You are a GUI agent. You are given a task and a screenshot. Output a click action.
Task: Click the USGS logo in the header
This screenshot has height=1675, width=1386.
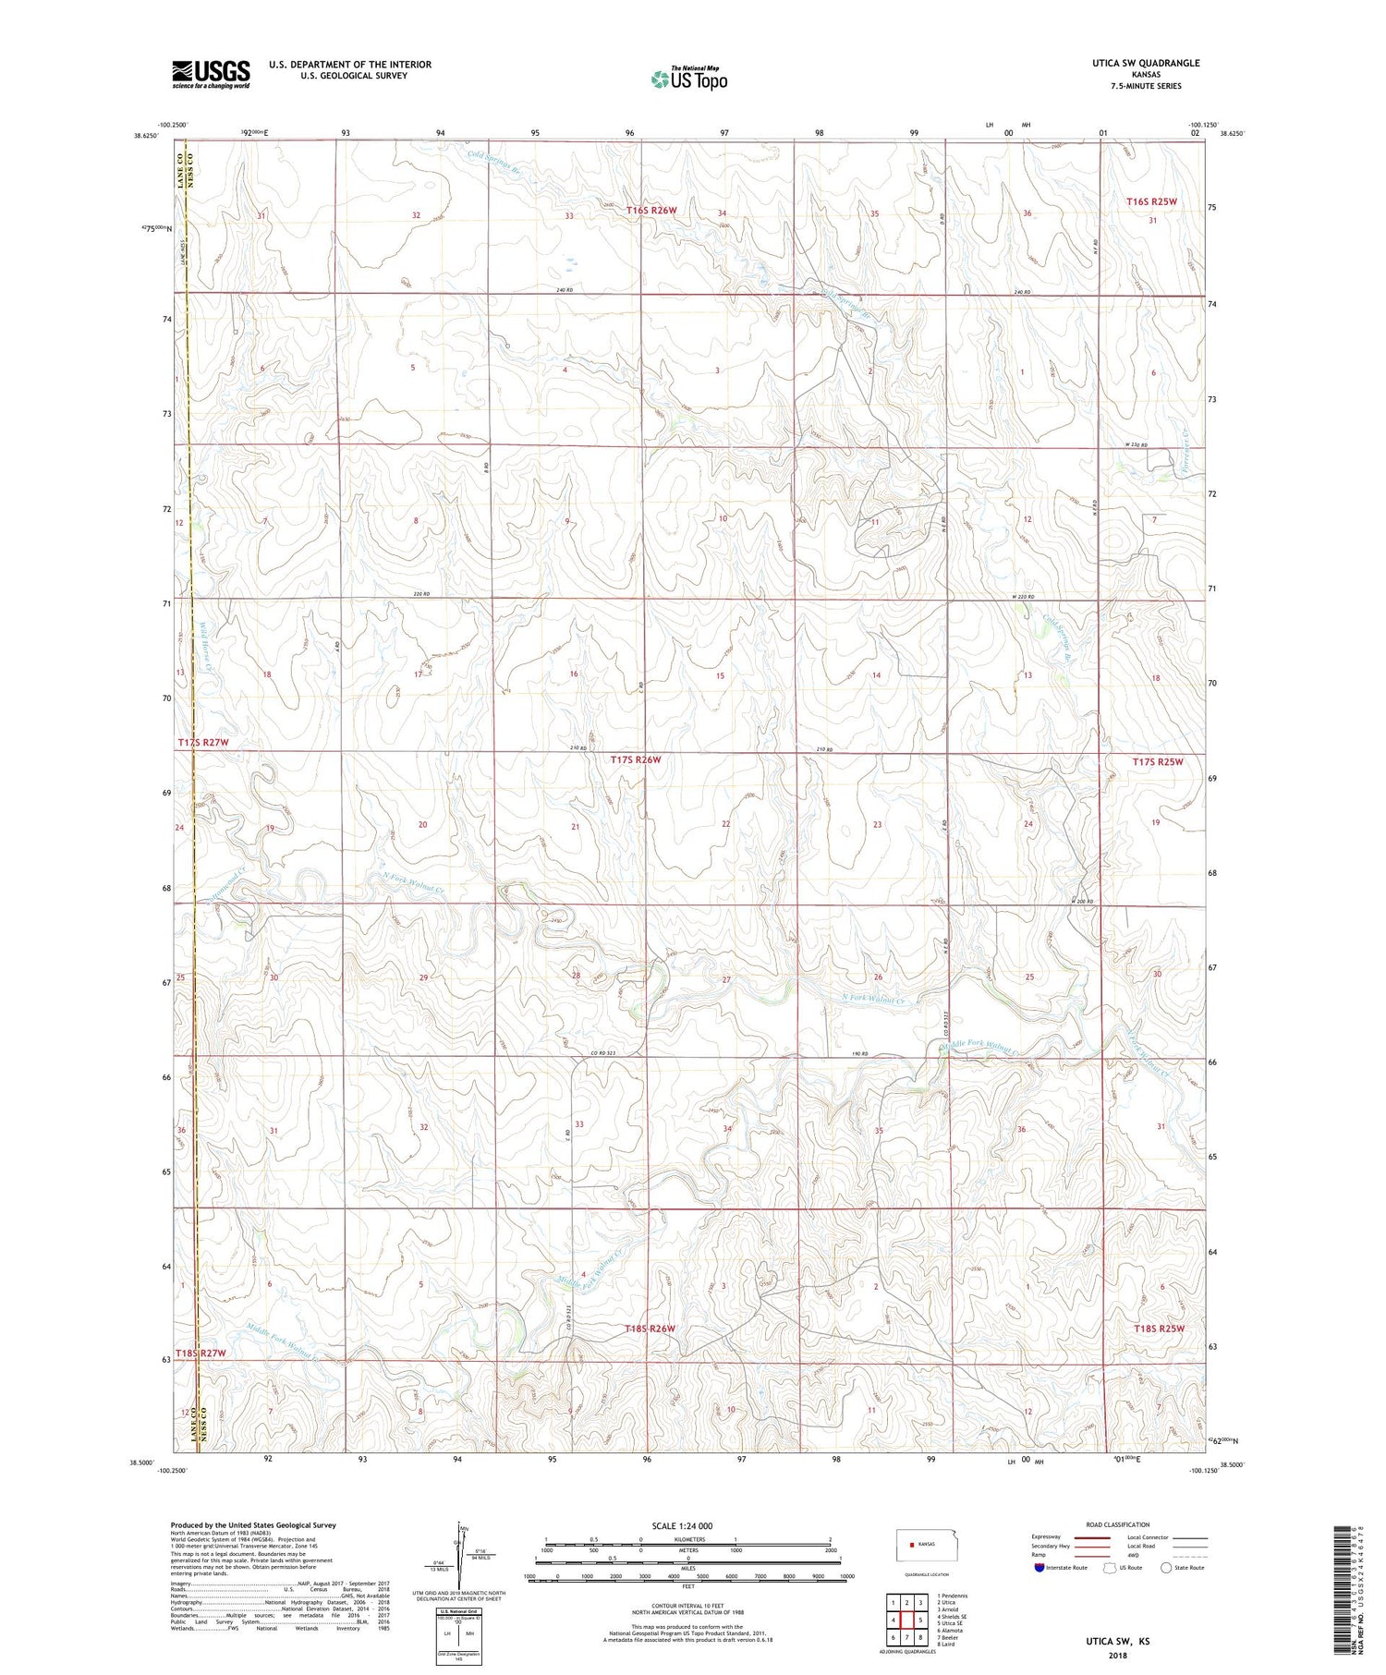pos(211,74)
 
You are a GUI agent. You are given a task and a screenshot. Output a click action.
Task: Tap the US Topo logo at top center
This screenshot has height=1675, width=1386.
pos(688,79)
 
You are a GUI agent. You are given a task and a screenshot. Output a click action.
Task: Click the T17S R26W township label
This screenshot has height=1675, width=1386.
pos(636,759)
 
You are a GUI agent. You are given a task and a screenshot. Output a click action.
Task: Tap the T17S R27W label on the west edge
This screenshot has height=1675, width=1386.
pos(202,743)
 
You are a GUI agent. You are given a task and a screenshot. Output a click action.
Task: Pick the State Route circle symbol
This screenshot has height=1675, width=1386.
pos(1166,1568)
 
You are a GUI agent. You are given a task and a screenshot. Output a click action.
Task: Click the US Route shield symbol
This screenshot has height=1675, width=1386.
pos(1110,1568)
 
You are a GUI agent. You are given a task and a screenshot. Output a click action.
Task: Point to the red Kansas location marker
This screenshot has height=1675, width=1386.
pos(913,1544)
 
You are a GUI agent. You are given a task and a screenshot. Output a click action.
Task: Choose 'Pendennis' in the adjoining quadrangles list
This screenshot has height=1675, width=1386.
pos(953,1596)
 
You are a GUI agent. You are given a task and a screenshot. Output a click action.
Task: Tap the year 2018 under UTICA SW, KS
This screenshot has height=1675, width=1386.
pos(1117,1657)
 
